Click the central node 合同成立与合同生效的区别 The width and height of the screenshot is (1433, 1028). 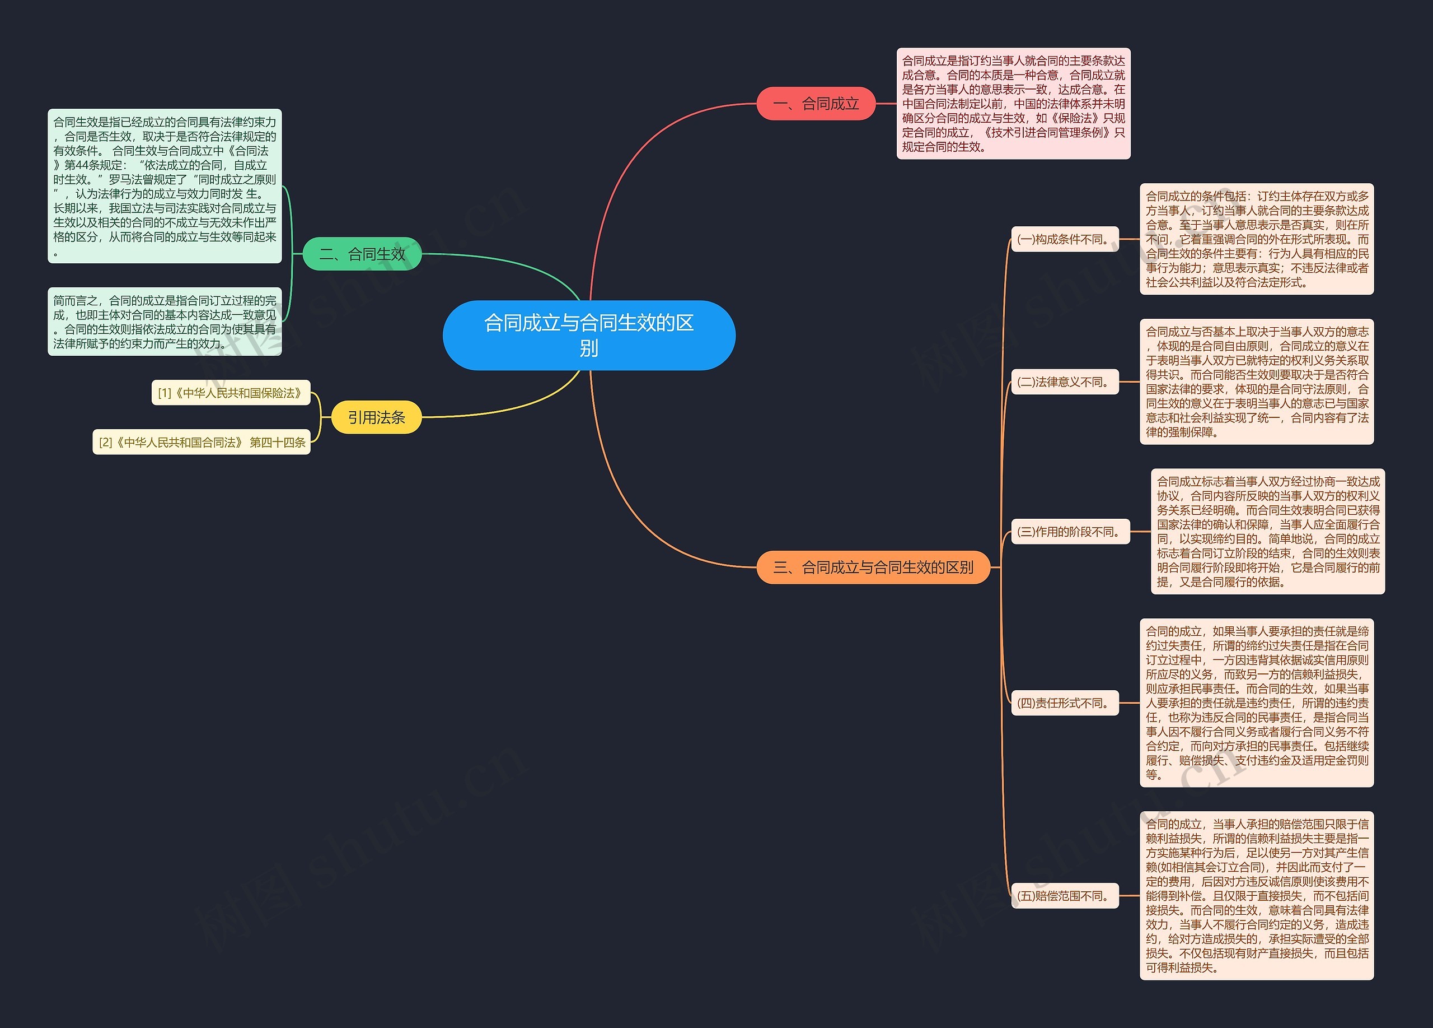pos(589,335)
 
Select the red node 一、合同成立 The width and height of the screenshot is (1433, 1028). pos(816,104)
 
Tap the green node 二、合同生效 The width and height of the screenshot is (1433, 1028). pos(362,254)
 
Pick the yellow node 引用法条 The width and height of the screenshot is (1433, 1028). pos(376,417)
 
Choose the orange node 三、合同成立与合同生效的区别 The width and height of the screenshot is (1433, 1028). pos(873,567)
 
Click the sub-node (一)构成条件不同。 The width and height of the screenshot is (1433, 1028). pos(1065,239)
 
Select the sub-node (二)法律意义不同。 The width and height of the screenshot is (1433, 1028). pos(1065,382)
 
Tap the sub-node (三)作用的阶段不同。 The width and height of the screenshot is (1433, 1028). pos(1070,532)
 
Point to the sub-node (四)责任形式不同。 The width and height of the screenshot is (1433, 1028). pos(1065,703)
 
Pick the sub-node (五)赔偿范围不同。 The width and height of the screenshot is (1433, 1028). pos(1065,896)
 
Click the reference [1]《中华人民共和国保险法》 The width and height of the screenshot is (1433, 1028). pos(231,393)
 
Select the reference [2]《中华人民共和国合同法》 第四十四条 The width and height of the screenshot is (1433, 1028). pos(202,442)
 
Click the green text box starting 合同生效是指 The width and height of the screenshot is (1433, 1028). pos(165,186)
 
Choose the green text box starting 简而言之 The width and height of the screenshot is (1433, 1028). pos(165,322)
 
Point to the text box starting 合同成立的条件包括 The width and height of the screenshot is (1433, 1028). pos(1256,239)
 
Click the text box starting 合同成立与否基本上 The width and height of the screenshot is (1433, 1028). pos(1256,382)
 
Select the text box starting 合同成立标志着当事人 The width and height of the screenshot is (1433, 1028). pos(1267,532)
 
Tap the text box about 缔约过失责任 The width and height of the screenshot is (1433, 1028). pos(1256,703)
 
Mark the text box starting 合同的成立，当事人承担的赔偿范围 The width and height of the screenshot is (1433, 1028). pos(1256,896)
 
